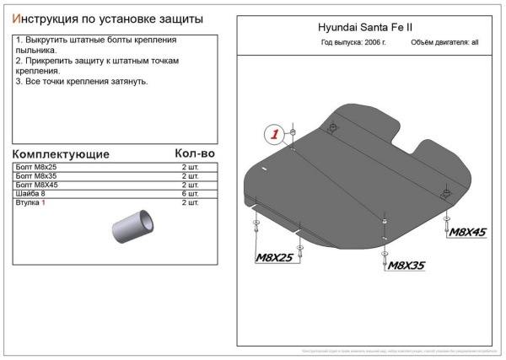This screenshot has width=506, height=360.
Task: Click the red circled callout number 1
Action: tap(273, 134)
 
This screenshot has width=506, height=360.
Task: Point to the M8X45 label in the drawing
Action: tap(468, 232)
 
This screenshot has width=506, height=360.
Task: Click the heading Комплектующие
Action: tap(62, 155)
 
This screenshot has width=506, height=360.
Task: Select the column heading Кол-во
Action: tap(195, 153)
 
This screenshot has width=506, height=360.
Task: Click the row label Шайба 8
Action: tap(32, 194)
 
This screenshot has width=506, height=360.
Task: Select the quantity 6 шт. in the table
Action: tap(191, 194)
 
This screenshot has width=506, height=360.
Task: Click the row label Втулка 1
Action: tap(32, 203)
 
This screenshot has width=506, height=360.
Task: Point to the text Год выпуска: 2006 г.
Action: tap(353, 41)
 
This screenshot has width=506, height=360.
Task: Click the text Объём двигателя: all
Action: tap(444, 41)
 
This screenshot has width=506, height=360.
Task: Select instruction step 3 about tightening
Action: tap(82, 81)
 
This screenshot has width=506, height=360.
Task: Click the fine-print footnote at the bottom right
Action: tap(395, 350)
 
